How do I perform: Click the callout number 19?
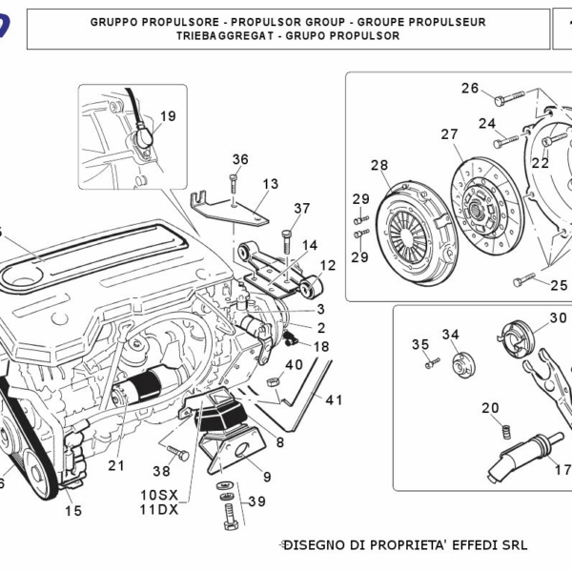coord(167,116)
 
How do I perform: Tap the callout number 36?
coord(239,159)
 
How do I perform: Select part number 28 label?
coord(379,166)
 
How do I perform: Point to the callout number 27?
coord(449,134)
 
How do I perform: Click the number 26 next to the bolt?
coord(470,89)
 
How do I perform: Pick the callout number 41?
coord(334,399)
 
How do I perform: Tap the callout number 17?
coord(562,469)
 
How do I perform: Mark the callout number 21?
coord(116,466)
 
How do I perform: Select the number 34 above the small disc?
coord(450,335)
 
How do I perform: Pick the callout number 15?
coord(73,511)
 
